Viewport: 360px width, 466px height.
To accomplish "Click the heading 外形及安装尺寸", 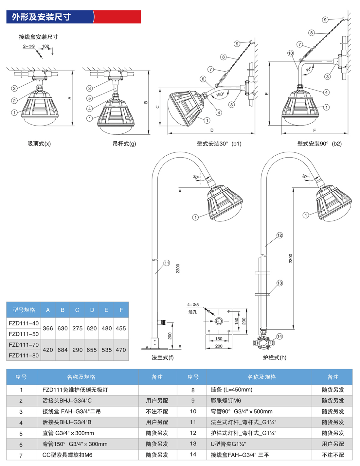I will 41,17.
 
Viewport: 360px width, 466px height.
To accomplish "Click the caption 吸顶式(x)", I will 39,144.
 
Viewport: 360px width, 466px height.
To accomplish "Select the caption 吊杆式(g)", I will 124,144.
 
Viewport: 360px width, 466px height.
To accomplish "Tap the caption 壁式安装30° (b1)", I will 219,144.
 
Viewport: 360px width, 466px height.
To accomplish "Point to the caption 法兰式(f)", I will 162,357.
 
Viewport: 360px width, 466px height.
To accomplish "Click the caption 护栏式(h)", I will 274,357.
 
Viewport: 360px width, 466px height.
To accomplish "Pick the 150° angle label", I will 220,95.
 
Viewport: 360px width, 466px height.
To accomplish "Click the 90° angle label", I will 308,70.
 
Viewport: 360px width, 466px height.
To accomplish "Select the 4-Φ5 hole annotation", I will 193,305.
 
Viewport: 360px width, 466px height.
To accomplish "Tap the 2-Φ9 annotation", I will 29,46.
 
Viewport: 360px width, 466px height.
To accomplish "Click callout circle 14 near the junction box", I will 279,336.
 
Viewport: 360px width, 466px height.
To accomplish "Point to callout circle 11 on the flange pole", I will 167,263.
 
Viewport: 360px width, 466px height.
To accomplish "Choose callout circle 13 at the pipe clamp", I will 279,283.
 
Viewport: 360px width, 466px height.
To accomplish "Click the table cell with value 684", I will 63,350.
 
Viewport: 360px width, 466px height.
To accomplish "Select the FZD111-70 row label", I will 24,345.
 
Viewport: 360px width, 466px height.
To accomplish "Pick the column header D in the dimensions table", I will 92,310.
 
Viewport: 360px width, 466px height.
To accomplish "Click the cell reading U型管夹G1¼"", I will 228,444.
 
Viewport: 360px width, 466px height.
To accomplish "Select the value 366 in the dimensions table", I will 48,328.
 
